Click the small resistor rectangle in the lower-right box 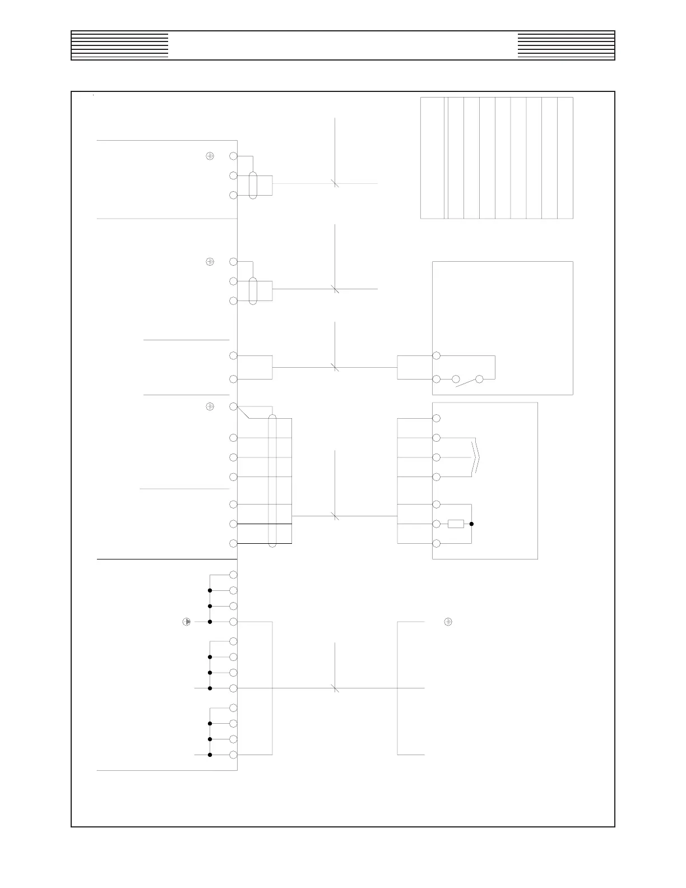[x=456, y=524]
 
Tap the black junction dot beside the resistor [x=472, y=524]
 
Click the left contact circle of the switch [x=456, y=379]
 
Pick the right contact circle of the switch [x=479, y=379]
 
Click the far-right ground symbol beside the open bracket [x=448, y=622]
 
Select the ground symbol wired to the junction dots [x=187, y=622]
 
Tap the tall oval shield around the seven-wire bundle [x=272, y=480]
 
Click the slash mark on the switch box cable [x=335, y=368]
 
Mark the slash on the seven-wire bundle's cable [x=335, y=516]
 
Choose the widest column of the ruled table [x=432, y=158]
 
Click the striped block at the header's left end [x=120, y=45]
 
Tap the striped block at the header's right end [x=566, y=45]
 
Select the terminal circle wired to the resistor [x=437, y=524]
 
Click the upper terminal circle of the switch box [x=437, y=355]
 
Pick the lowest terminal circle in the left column [x=234, y=755]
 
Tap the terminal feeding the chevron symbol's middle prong [x=437, y=457]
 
